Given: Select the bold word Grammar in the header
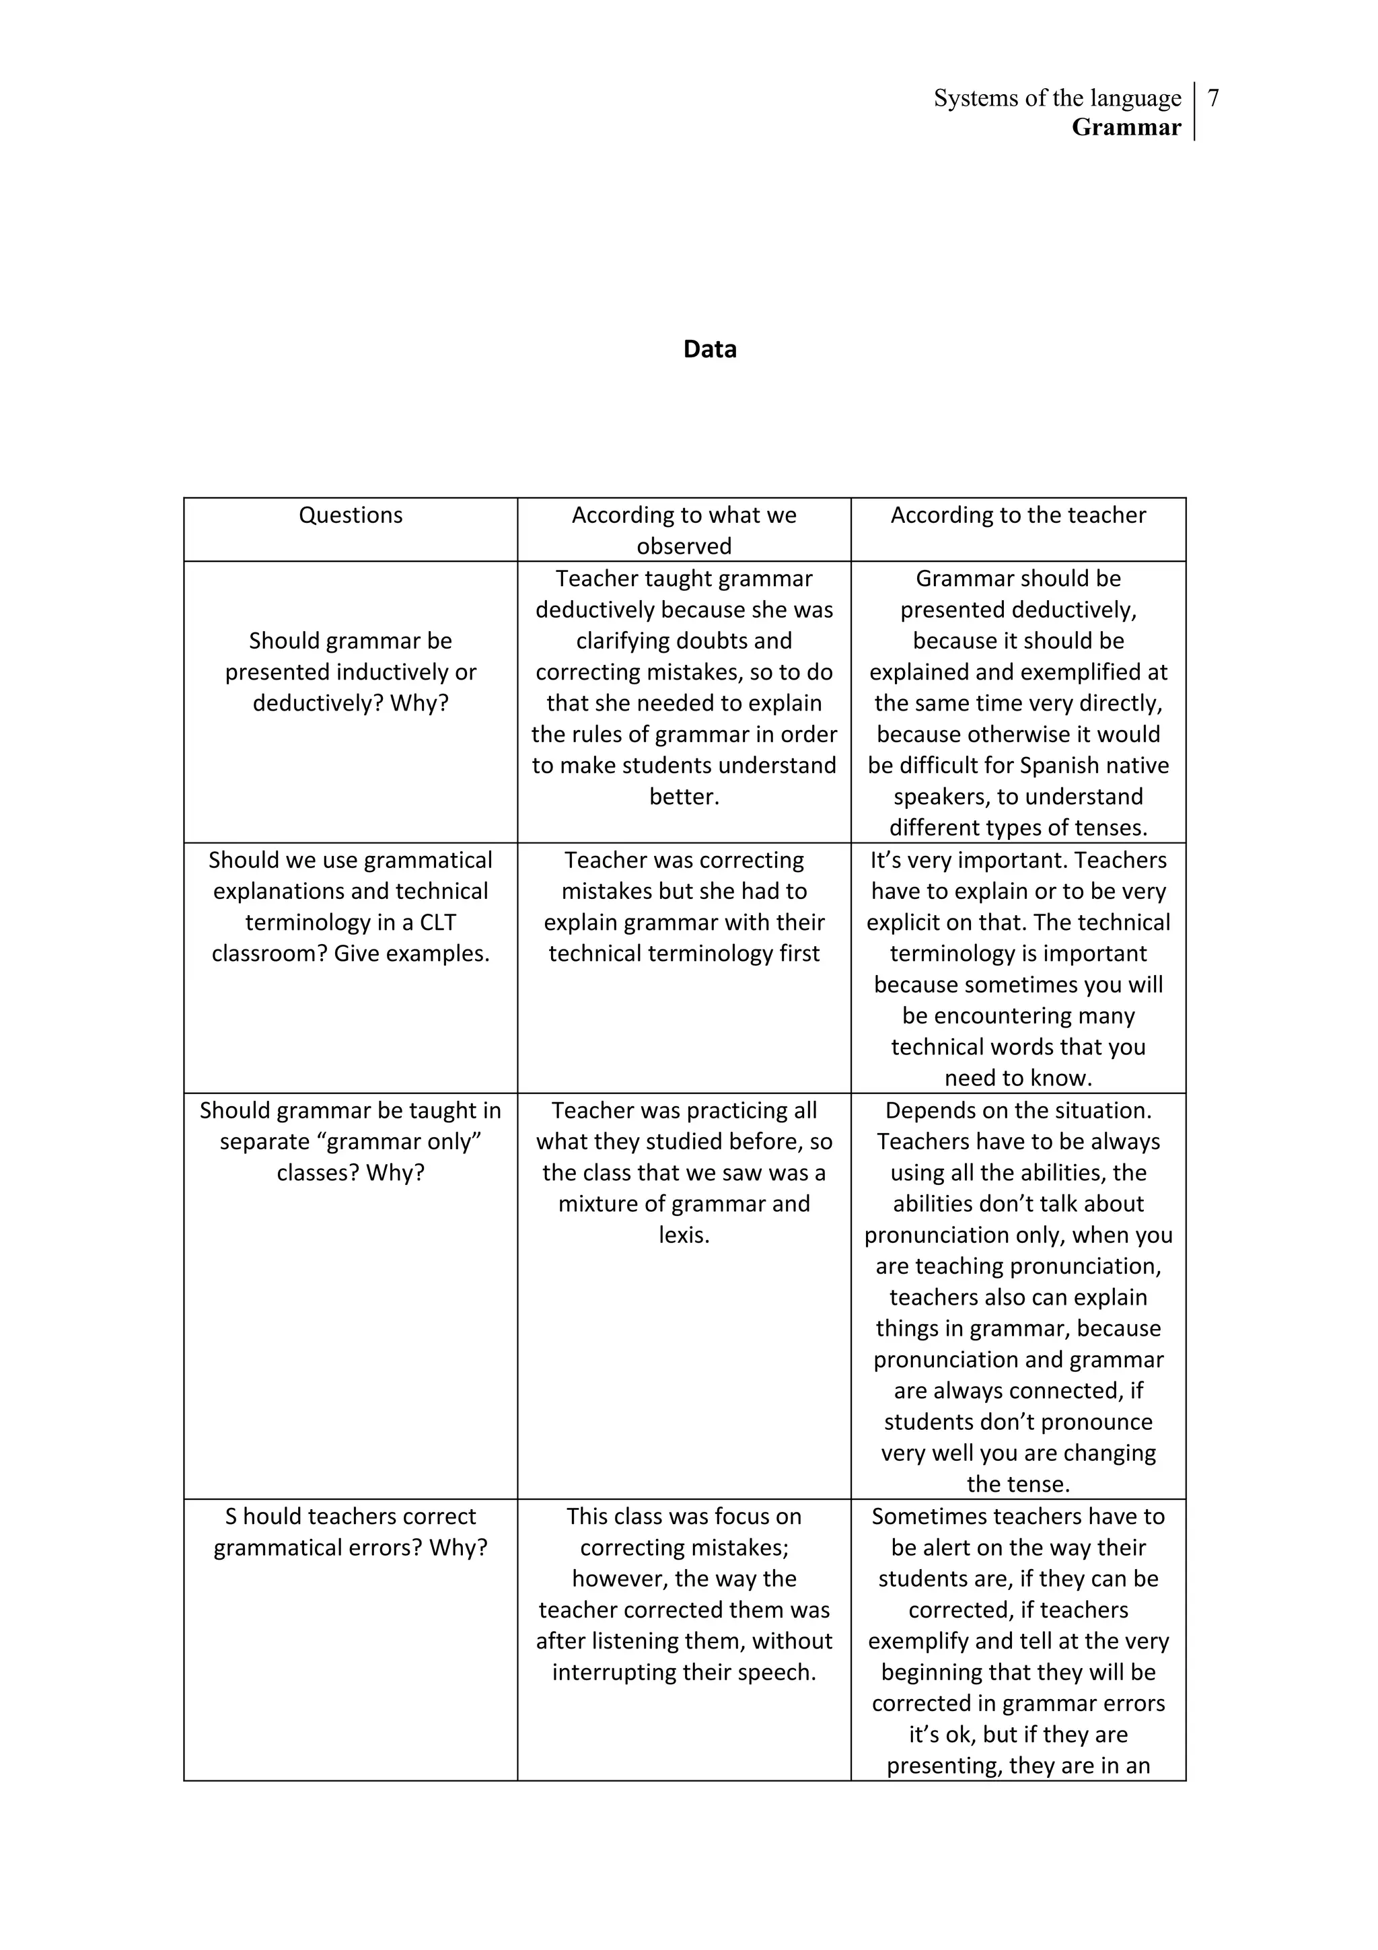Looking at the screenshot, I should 1126,127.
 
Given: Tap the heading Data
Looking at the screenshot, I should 709,349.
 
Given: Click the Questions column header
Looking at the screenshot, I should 350,515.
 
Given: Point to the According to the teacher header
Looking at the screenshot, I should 1017,515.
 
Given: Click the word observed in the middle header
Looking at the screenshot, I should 684,546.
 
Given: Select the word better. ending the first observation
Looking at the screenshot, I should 684,797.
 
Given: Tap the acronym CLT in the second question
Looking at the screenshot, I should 437,923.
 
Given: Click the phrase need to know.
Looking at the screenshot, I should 1017,1078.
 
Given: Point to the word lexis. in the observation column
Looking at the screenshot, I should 684,1235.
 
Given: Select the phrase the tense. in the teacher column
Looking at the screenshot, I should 1017,1484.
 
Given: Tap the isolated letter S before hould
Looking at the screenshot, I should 230,1517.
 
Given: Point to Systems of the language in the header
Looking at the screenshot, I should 1056,98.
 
